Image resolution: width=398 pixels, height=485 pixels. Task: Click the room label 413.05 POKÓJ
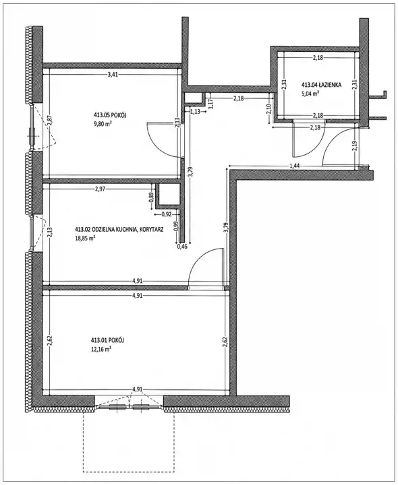pyautogui.click(x=106, y=115)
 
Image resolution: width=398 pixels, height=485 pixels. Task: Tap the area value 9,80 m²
pyautogui.click(x=103, y=124)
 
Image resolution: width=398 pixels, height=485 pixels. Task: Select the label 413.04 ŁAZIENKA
pyautogui.click(x=322, y=84)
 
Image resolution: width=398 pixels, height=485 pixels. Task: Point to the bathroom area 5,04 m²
pyautogui.click(x=310, y=94)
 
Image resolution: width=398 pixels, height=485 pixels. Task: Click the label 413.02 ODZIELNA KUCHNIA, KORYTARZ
pyautogui.click(x=119, y=230)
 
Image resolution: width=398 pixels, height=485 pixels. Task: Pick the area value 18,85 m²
pyautogui.click(x=85, y=238)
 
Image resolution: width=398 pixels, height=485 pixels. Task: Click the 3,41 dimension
pyautogui.click(x=113, y=74)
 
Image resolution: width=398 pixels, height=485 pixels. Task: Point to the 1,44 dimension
pyautogui.click(x=295, y=166)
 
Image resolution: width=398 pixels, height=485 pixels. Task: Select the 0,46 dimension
pyautogui.click(x=182, y=247)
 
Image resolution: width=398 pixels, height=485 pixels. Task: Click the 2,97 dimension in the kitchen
pyautogui.click(x=100, y=189)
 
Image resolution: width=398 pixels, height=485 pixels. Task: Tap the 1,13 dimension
pyautogui.click(x=195, y=112)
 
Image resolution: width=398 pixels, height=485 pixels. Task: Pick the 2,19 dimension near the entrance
pyautogui.click(x=355, y=147)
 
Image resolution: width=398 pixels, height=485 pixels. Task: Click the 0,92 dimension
pyautogui.click(x=167, y=214)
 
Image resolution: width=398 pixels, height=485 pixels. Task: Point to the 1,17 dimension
pyautogui.click(x=211, y=103)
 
